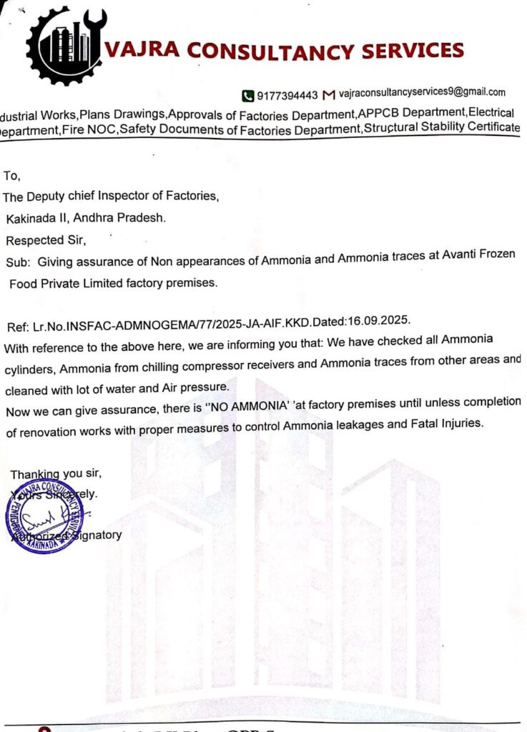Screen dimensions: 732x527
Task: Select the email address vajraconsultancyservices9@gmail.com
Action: [422, 92]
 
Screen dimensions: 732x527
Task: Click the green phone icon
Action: [248, 94]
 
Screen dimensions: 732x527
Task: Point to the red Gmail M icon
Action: [329, 94]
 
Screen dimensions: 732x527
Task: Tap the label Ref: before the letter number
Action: [18, 327]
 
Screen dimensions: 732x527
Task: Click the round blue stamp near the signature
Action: [44, 515]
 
